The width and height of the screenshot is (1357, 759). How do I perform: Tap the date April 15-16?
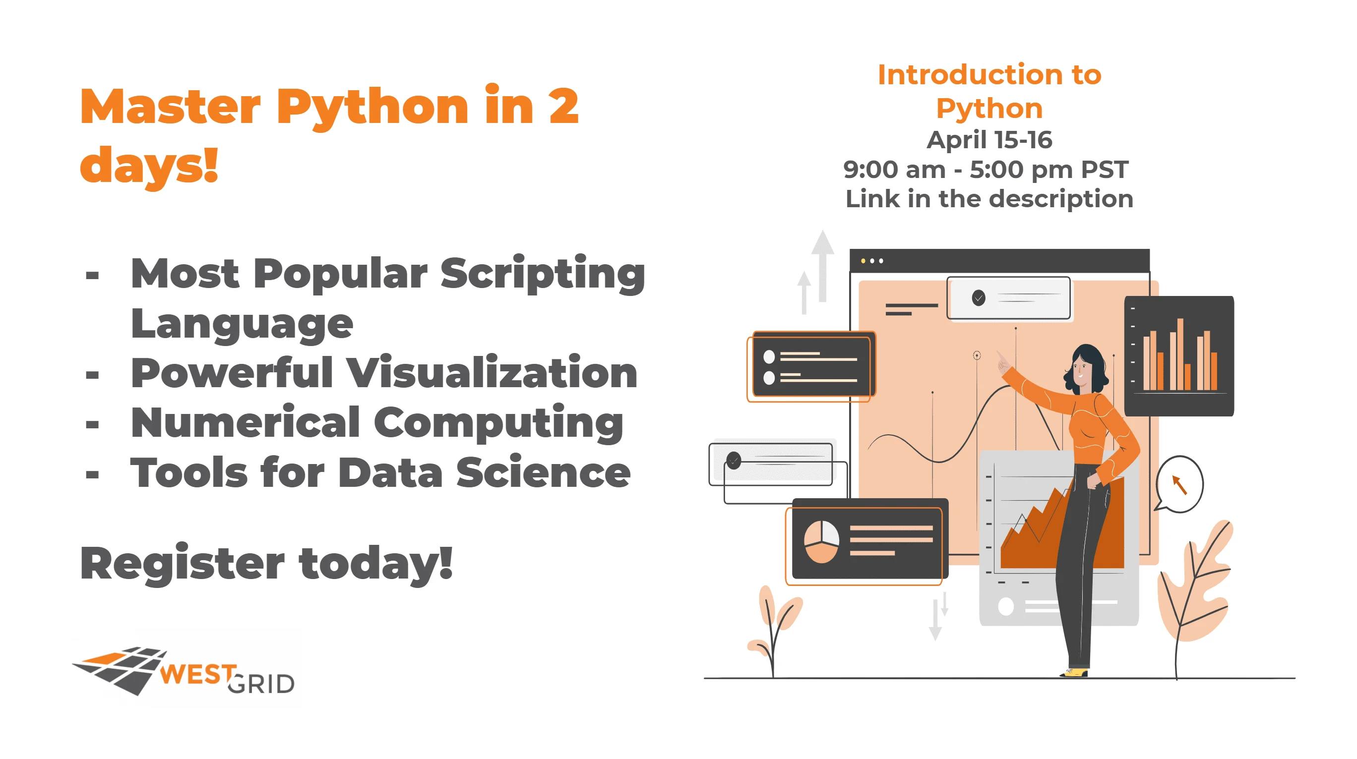point(989,140)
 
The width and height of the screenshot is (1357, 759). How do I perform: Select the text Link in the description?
point(989,199)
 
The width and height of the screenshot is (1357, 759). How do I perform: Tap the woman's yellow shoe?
point(1074,673)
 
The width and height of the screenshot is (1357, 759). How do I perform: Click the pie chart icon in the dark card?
point(821,541)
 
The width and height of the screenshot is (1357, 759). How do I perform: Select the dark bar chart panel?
point(1179,356)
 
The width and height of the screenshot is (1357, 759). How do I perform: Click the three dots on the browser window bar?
point(872,261)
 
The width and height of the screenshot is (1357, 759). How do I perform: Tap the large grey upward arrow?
point(822,266)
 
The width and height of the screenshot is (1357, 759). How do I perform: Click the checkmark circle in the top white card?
point(978,297)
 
